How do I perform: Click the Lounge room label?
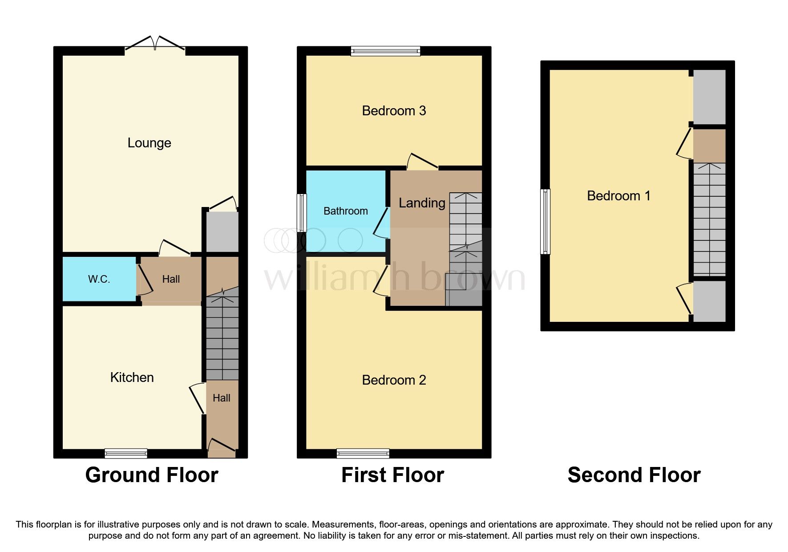tap(149, 143)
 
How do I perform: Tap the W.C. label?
tap(99, 279)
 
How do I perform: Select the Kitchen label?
tap(132, 377)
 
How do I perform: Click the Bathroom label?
tap(345, 211)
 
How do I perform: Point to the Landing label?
tap(421, 203)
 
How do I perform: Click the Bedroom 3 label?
tap(394, 110)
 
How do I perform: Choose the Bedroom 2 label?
tap(394, 380)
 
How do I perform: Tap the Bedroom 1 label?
tap(618, 195)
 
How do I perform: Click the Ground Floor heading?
tap(151, 475)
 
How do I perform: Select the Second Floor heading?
tap(634, 475)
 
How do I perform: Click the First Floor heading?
tap(392, 475)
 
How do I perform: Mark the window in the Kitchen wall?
tap(126, 453)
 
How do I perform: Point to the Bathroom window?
tap(302, 213)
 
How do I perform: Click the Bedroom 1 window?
tap(545, 222)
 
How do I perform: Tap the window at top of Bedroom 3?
tap(385, 51)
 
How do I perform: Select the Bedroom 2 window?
tap(363, 453)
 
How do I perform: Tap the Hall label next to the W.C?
tap(171, 279)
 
